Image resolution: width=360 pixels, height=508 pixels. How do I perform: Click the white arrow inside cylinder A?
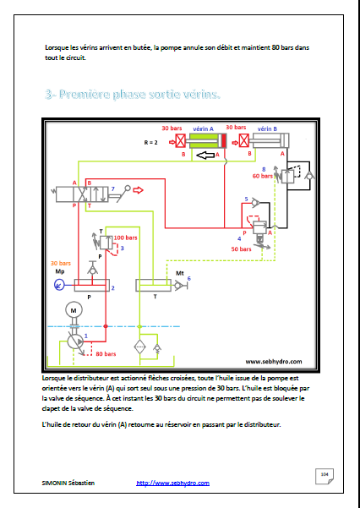pos(202,155)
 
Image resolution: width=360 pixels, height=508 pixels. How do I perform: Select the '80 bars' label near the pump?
pos(106,354)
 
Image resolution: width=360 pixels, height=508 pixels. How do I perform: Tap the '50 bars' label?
pos(243,249)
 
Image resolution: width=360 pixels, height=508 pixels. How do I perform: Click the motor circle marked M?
pos(74,312)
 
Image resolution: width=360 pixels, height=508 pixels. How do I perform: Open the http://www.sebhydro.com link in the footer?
pos(172,483)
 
